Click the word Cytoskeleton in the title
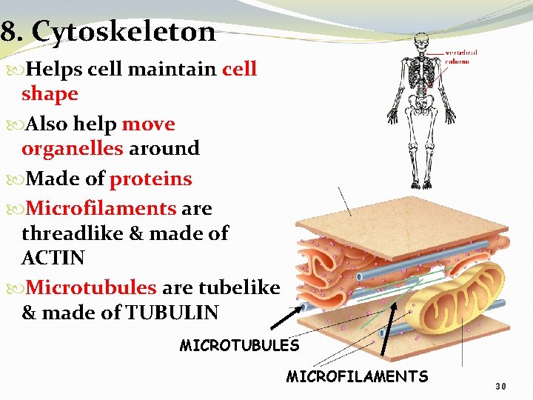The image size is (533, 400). tap(124, 33)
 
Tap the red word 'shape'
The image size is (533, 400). tap(50, 94)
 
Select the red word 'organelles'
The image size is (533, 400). tap(73, 148)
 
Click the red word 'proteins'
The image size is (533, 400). tap(151, 179)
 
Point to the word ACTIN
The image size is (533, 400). tap(53, 258)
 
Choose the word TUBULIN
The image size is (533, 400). tap(172, 313)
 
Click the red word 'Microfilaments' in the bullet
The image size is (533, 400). tap(101, 208)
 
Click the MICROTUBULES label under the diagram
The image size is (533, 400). tap(239, 345)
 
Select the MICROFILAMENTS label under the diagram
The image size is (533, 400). tap(357, 376)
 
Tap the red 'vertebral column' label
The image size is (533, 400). tap(461, 56)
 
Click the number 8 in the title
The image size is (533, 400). tap(8, 33)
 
